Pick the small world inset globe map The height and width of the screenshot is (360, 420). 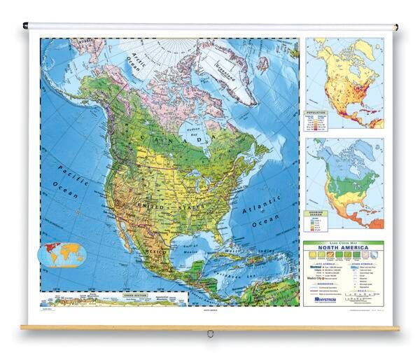click(x=62, y=255)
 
